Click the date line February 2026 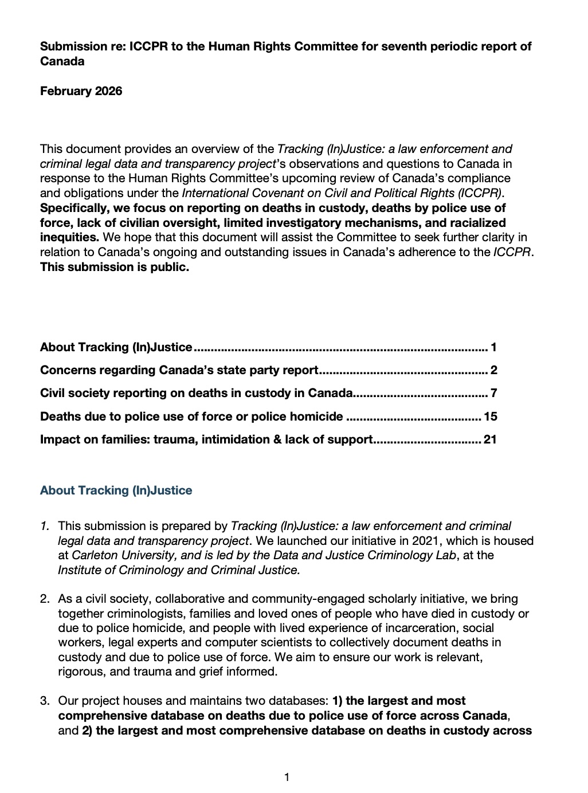point(81,91)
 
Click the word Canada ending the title point(62,61)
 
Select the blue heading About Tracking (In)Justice point(116,490)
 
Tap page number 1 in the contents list point(493,347)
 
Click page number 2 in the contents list point(493,370)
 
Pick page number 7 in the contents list point(493,393)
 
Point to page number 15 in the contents point(490,417)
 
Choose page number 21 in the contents point(490,439)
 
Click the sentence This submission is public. point(115,267)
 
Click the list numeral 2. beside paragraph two point(45,599)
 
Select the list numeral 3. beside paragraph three point(45,701)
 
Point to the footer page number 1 point(287,778)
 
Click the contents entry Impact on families point(206,439)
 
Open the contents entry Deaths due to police point(191,417)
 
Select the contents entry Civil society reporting point(196,393)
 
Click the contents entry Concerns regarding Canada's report point(179,370)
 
